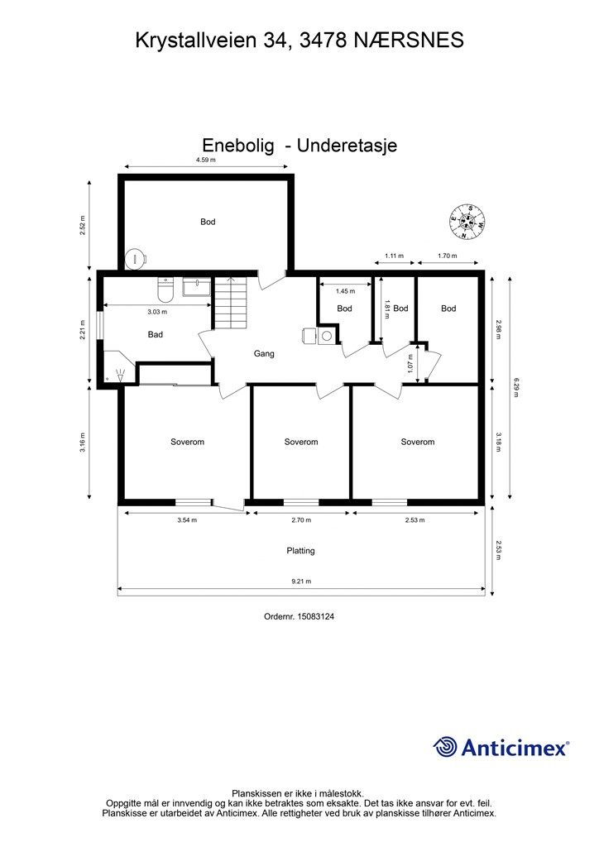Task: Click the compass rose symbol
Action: click(x=467, y=222)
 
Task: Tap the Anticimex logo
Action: click(x=501, y=747)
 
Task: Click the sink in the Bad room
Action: click(x=197, y=287)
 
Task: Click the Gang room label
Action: click(x=264, y=354)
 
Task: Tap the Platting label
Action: click(x=300, y=551)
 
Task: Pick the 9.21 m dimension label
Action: click(x=301, y=581)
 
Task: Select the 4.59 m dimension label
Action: click(x=205, y=160)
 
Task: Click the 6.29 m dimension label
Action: click(x=515, y=387)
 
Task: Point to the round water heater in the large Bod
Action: click(x=134, y=258)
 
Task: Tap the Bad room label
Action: click(x=155, y=335)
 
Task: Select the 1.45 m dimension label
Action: click(x=345, y=291)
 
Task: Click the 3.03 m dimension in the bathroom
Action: click(x=157, y=312)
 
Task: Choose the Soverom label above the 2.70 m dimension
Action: click(x=301, y=442)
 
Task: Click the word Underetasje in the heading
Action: click(x=347, y=146)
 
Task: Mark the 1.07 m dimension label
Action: click(x=410, y=364)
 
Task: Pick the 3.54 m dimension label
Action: click(x=187, y=520)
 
